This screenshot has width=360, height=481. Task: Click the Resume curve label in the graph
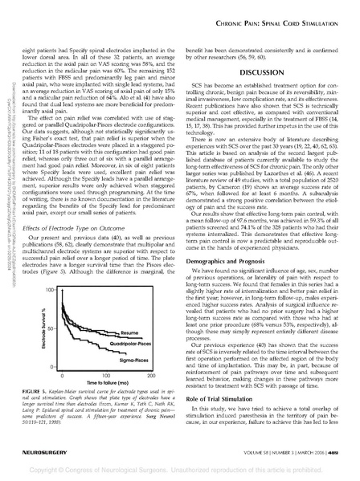[x=131, y=332]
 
